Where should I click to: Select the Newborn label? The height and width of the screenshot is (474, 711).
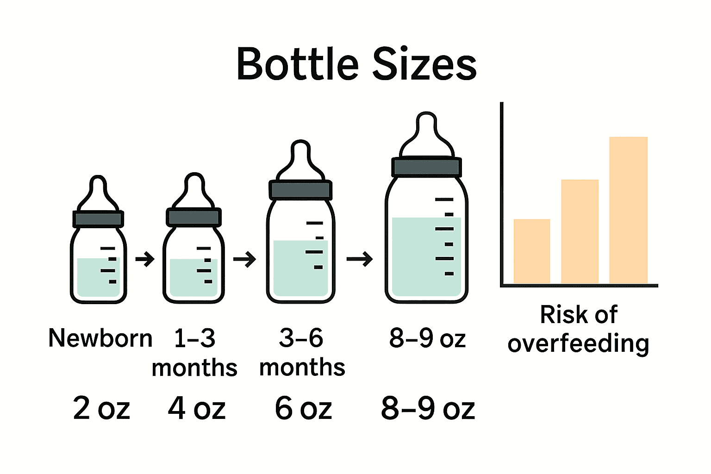point(100,338)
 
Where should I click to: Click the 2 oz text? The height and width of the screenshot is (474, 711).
point(101,408)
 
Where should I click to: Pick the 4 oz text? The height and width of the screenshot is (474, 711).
point(197,408)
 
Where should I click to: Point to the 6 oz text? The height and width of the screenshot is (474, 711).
point(303,408)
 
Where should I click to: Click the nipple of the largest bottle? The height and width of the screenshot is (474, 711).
point(426,134)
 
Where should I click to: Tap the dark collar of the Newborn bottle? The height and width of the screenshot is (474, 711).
point(98,218)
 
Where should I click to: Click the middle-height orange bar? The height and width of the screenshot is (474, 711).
point(580,231)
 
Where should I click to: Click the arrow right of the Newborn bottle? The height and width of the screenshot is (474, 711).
point(145,259)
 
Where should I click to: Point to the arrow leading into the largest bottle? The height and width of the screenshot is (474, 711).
point(360,259)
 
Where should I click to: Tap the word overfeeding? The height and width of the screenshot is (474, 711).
point(578,344)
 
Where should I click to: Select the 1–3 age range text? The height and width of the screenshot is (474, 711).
point(194,338)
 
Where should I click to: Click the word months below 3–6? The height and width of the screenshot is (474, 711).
point(302,368)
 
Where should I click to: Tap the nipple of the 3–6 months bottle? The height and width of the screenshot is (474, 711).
point(301,160)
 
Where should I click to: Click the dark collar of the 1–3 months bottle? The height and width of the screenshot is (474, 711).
point(193,217)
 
